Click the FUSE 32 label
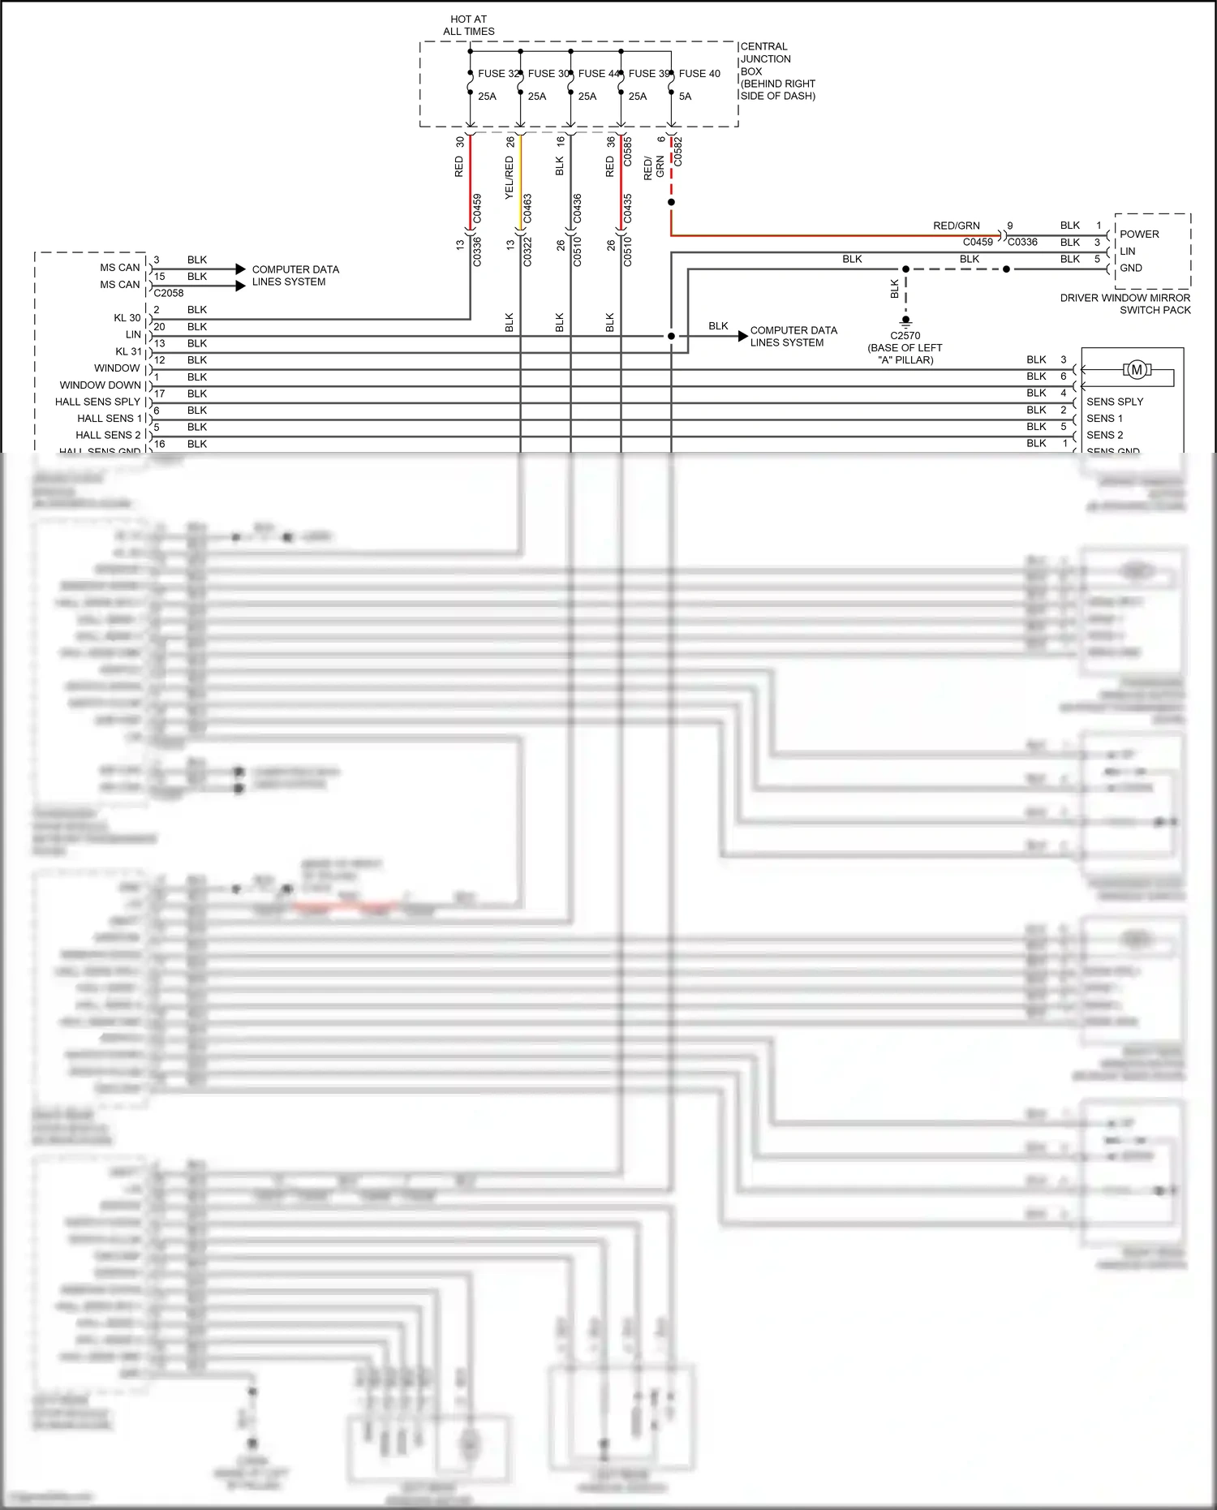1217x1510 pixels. click(x=497, y=74)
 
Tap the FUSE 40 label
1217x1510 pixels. click(x=699, y=74)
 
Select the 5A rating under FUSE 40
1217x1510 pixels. click(x=685, y=97)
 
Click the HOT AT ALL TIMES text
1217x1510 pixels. click(x=468, y=25)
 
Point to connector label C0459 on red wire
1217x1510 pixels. click(x=477, y=209)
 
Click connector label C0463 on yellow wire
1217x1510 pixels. click(x=527, y=209)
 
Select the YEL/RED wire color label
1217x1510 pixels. click(x=509, y=178)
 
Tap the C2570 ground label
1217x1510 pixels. click(x=905, y=336)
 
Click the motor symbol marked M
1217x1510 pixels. click(x=1137, y=370)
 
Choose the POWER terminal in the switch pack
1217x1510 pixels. click(x=1139, y=234)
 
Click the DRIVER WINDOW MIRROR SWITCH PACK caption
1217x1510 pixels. click(x=1125, y=304)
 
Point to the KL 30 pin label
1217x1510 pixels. click(x=127, y=318)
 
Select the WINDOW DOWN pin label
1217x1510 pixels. click(x=101, y=385)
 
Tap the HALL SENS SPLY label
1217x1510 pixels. click(x=98, y=402)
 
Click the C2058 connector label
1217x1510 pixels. click(x=169, y=293)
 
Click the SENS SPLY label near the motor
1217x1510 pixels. click(x=1115, y=402)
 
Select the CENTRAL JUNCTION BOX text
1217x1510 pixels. click(x=765, y=59)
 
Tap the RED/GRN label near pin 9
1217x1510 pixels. click(x=956, y=226)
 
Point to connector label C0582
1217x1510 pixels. click(x=678, y=152)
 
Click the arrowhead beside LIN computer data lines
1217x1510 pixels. click(x=742, y=336)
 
